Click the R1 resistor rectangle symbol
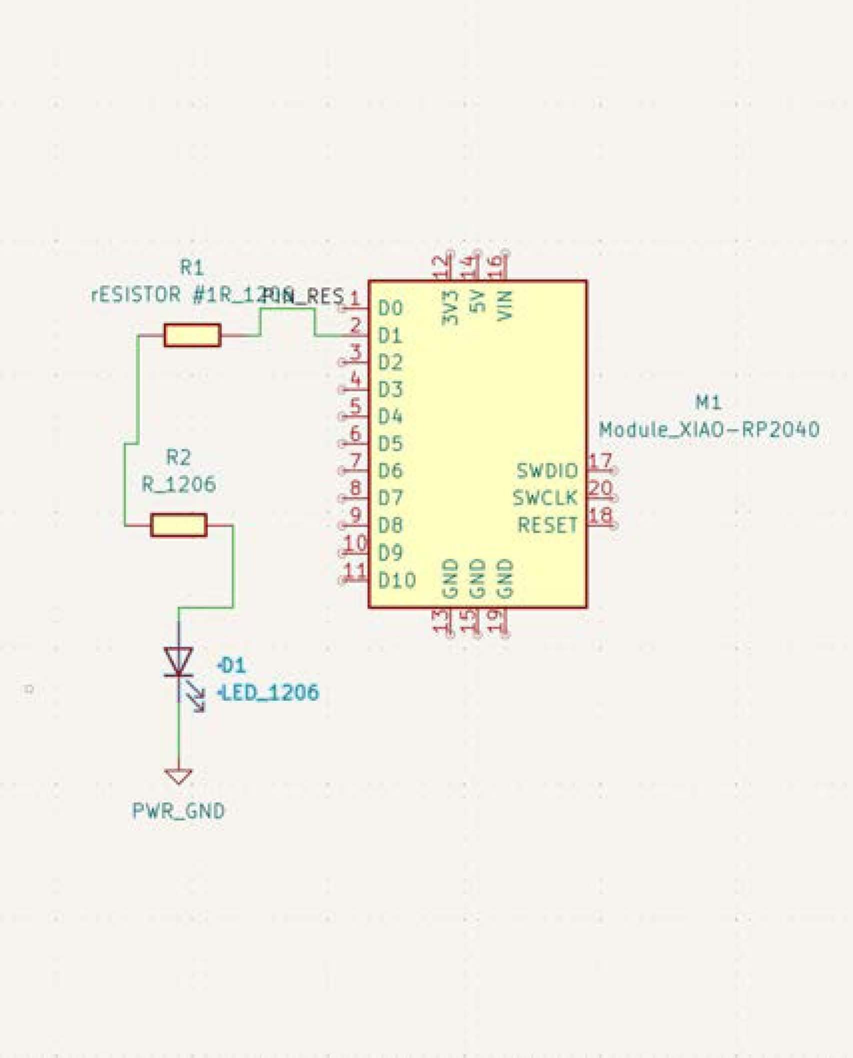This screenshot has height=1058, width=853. (x=192, y=335)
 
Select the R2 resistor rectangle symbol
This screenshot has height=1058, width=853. (x=178, y=525)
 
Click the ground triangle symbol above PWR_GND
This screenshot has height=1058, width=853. (x=178, y=777)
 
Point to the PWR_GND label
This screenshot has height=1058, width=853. (x=178, y=811)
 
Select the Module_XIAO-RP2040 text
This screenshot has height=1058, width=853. (x=709, y=430)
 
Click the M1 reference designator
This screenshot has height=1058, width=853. (x=708, y=402)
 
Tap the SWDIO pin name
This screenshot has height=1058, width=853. (x=547, y=471)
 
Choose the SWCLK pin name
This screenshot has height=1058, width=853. (x=545, y=498)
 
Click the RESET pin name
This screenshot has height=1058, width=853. (x=547, y=525)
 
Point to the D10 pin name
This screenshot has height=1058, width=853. (x=397, y=580)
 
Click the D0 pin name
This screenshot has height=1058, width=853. (x=390, y=308)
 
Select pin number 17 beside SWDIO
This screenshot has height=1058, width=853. (x=600, y=461)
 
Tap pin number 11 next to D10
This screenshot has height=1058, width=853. (x=355, y=571)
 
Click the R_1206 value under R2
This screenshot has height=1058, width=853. (x=178, y=484)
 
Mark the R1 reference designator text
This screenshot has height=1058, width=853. (x=192, y=268)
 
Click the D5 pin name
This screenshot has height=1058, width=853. (x=390, y=444)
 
